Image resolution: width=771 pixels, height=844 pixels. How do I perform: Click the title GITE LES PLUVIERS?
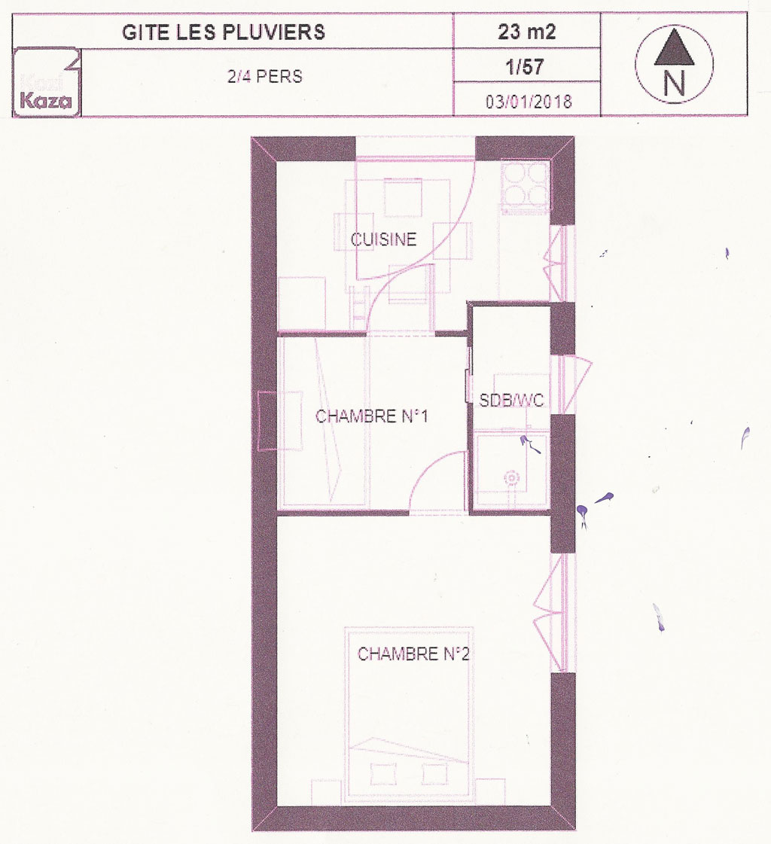pos(224,32)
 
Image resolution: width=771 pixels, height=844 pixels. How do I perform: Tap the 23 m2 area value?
pos(526,32)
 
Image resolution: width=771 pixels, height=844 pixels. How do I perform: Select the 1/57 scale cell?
pos(525,67)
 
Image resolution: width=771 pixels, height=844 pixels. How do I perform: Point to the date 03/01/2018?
pos(529,101)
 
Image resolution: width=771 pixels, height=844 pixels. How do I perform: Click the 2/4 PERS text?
pos(265,77)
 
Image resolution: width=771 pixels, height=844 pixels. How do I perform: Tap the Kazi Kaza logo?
pos(46,82)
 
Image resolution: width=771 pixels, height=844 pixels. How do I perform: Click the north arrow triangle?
pos(674,48)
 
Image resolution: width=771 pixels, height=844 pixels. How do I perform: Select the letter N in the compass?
pos(674,84)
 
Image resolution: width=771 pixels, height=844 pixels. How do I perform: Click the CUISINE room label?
pos(383,239)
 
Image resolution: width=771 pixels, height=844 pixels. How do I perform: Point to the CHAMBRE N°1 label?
pos(371,416)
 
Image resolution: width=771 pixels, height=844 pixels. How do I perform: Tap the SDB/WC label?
pos(511,400)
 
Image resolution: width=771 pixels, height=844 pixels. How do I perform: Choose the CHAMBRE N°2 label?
pos(413,654)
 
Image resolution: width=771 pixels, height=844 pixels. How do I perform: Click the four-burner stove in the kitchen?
pos(525,185)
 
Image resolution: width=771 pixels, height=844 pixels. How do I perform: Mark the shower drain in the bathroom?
pos(511,478)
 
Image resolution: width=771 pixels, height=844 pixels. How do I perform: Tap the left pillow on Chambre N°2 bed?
pos(382,774)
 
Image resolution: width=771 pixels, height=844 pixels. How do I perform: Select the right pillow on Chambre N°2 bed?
pos(435,774)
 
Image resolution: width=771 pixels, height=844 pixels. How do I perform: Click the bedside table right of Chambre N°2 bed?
pos(490,792)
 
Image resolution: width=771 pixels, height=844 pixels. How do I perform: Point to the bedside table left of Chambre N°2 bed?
pos(328,792)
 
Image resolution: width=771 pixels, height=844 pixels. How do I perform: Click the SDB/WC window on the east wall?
pos(563,384)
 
